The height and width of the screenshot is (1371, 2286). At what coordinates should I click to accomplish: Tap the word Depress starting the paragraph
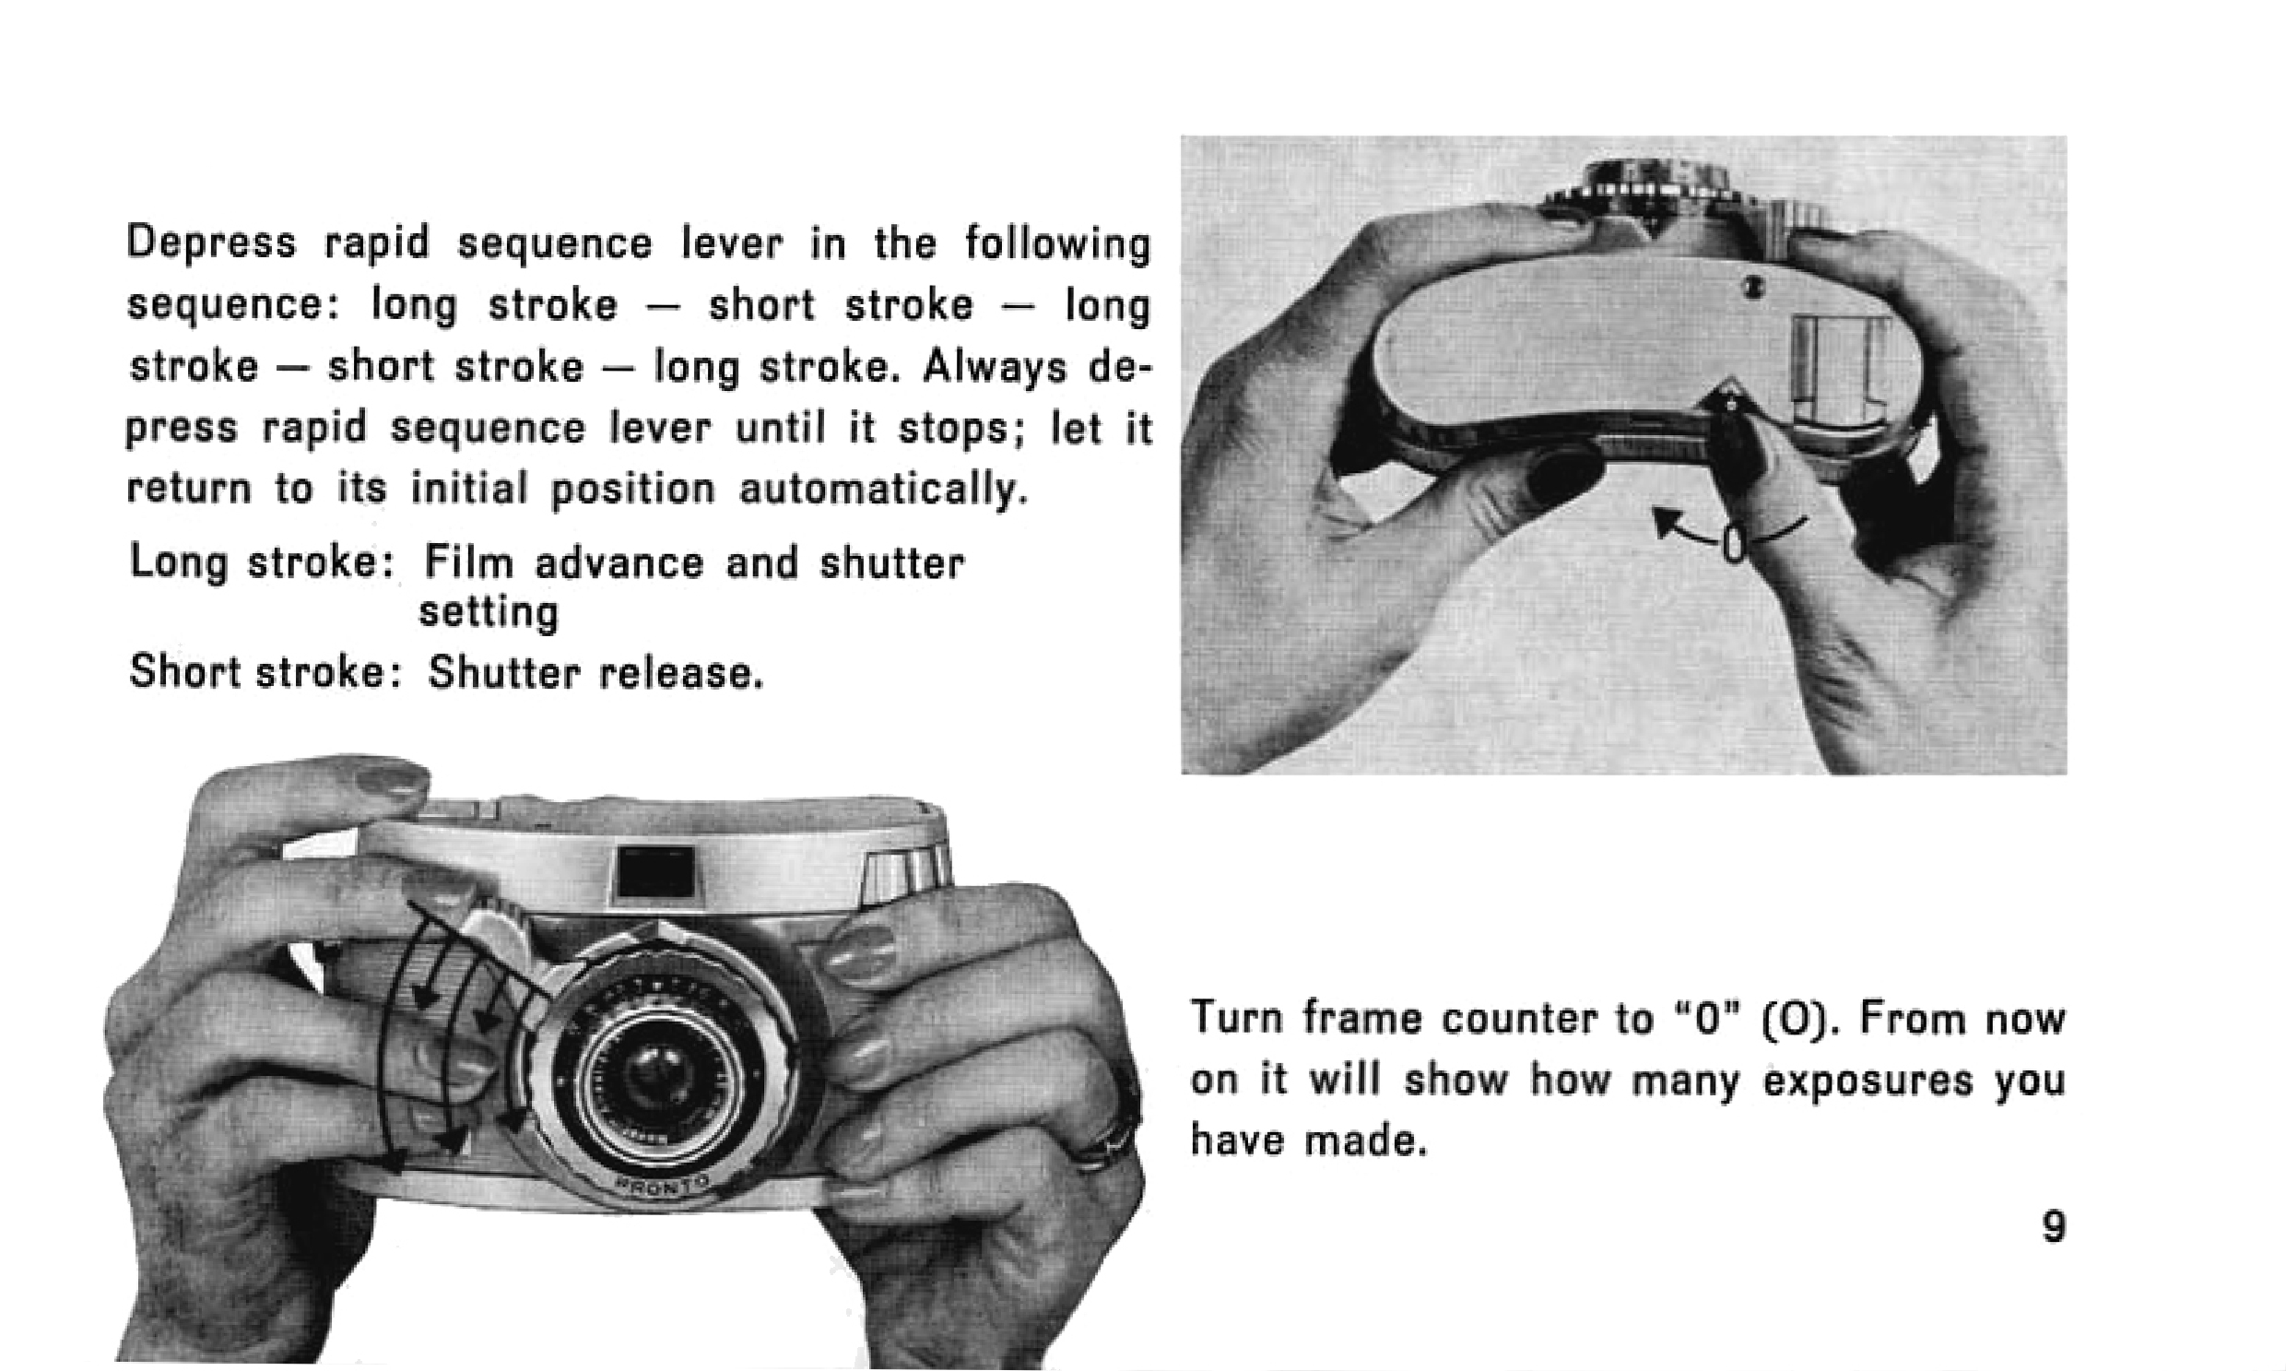(x=211, y=244)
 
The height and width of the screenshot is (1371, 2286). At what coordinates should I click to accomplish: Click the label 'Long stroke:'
(x=265, y=562)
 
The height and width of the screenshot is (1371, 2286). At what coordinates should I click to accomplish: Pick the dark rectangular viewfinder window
(x=655, y=871)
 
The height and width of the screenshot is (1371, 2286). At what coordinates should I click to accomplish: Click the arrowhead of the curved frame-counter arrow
(x=1666, y=520)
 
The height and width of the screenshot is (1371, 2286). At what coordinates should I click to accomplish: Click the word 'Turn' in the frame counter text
(x=1238, y=1019)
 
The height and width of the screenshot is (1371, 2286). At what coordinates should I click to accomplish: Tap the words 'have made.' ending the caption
(x=1309, y=1141)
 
